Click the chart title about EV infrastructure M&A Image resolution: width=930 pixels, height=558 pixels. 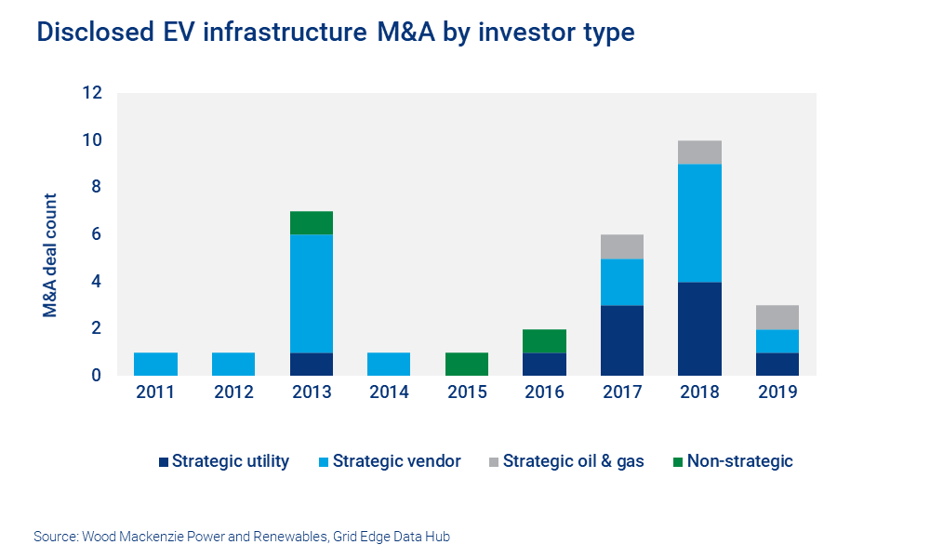point(336,33)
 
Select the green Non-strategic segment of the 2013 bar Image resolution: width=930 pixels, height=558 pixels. point(312,223)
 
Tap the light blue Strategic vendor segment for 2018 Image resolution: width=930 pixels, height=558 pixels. point(699,223)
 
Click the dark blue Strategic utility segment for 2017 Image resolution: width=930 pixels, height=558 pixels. point(622,340)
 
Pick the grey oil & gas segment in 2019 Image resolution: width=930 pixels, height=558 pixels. point(777,317)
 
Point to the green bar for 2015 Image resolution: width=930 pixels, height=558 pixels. point(467,364)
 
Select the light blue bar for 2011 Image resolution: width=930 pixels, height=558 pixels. point(155,364)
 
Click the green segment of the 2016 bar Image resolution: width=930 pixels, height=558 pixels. point(544,340)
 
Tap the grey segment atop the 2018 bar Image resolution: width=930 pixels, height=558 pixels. point(699,153)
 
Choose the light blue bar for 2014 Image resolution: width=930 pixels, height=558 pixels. point(389,364)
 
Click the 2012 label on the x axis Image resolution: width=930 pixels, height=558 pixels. point(233,393)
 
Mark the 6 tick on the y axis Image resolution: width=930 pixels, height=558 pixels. point(96,234)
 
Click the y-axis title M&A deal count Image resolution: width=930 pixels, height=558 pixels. point(50,256)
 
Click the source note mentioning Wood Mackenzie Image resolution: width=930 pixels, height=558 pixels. point(247,537)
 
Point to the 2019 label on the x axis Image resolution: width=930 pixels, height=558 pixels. point(777,393)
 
